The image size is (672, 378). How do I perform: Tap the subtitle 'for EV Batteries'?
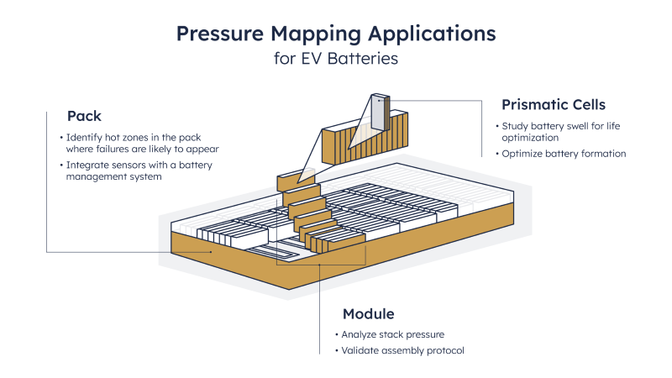click(336, 60)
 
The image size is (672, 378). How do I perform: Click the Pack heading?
click(84, 115)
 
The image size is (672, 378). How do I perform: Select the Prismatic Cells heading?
click(553, 105)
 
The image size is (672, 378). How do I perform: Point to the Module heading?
click(368, 313)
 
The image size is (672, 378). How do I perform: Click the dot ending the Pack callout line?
click(210, 251)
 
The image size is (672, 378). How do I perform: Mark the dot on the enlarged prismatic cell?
click(380, 100)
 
